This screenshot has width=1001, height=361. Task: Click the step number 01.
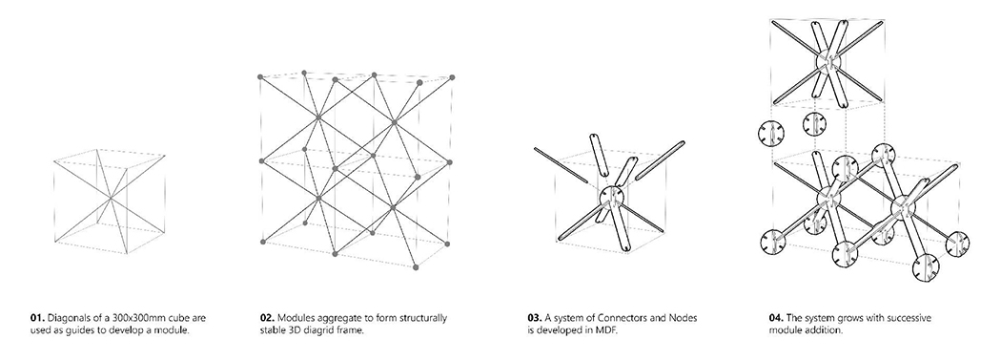[37, 318]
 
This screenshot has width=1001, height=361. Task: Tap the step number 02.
[267, 318]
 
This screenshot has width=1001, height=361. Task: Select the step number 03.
[535, 318]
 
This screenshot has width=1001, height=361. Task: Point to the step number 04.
[777, 318]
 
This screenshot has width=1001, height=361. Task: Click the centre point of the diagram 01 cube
[110, 199]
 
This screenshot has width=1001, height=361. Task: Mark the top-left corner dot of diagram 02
[260, 76]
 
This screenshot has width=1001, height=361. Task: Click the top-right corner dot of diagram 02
[452, 77]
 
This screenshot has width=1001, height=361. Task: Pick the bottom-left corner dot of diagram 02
[262, 242]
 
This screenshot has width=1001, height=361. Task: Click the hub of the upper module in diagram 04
[828, 62]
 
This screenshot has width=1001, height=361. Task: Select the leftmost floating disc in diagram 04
[770, 135]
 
